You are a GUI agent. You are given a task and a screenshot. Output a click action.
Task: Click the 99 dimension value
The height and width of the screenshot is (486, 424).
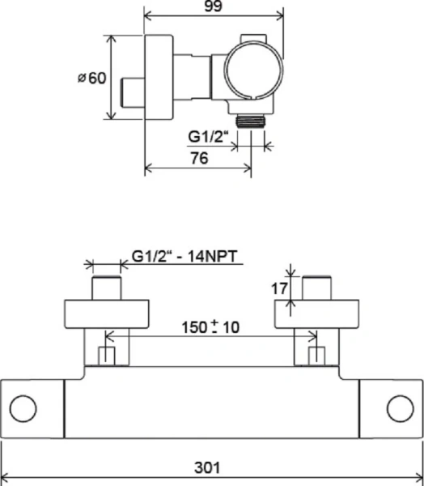pyautogui.click(x=214, y=6)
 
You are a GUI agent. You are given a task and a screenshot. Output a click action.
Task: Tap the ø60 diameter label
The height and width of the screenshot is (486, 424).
pyautogui.click(x=92, y=78)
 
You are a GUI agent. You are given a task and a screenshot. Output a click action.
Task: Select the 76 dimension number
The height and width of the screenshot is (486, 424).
pyautogui.click(x=199, y=158)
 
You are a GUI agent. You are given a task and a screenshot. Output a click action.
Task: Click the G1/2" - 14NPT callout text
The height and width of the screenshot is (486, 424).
pyautogui.click(x=184, y=257)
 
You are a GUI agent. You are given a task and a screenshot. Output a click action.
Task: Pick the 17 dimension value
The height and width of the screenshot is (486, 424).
pyautogui.click(x=279, y=289)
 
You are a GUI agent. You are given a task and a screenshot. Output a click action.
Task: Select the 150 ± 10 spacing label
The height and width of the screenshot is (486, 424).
pyautogui.click(x=210, y=327)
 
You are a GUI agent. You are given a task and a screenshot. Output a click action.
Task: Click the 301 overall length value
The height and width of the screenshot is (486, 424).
pyautogui.click(x=207, y=467)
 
